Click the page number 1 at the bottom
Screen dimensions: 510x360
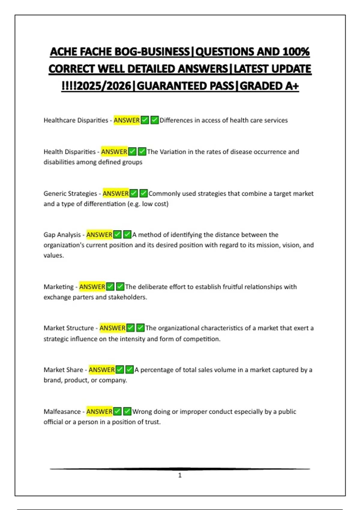(180, 475)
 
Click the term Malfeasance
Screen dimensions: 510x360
(62, 412)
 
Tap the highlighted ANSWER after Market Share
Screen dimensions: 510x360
(102, 370)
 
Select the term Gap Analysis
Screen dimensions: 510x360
(62, 235)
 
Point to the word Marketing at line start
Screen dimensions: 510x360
(58, 287)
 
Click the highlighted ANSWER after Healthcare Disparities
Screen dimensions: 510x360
(127, 120)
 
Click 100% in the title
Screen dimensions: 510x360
(296, 52)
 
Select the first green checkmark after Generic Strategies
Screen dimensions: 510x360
(134, 193)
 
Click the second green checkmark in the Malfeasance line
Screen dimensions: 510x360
(127, 411)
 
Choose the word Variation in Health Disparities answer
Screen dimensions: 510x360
(173, 152)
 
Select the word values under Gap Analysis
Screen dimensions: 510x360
(53, 256)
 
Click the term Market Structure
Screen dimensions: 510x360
(69, 328)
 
